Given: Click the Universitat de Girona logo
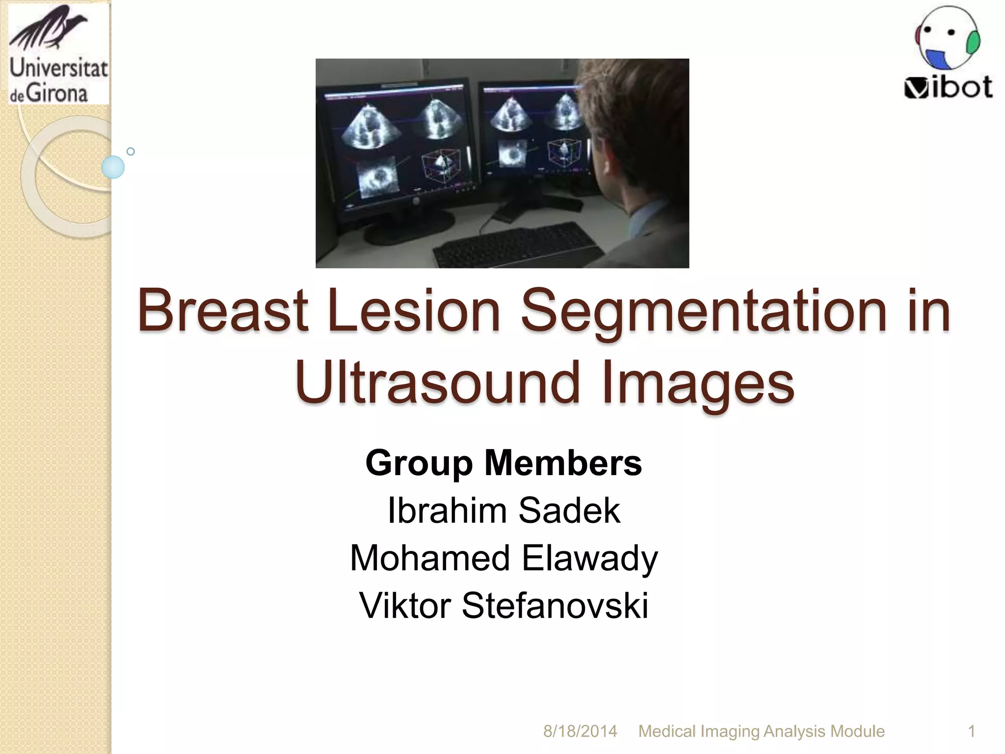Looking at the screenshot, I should tap(58, 54).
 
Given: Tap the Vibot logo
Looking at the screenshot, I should tap(948, 53).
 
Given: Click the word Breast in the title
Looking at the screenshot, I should tap(223, 311).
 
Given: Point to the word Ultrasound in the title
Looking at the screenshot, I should tap(438, 383).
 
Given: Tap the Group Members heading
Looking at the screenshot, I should tap(503, 463).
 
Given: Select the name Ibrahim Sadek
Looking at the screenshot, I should tap(503, 511).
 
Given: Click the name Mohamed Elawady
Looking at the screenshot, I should tap(503, 559).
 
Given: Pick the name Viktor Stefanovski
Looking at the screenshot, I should tap(503, 606).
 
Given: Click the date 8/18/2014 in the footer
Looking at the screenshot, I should tap(580, 731).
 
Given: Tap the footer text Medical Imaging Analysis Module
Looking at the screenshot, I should tap(761, 731).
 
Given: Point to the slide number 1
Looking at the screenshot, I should tap(971, 731).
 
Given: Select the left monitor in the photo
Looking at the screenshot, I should tap(395, 147).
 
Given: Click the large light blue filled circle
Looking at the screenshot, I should tap(113, 167).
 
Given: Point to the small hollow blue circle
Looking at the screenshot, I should tap(131, 152).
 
